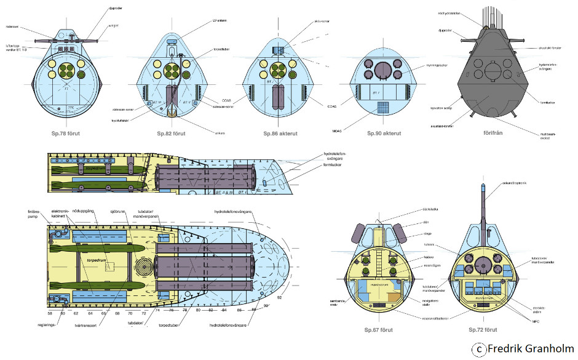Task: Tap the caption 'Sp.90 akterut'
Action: (x=384, y=133)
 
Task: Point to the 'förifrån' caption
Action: (x=489, y=133)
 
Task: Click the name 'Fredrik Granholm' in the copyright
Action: (x=529, y=350)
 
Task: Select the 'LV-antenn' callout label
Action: (x=220, y=20)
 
